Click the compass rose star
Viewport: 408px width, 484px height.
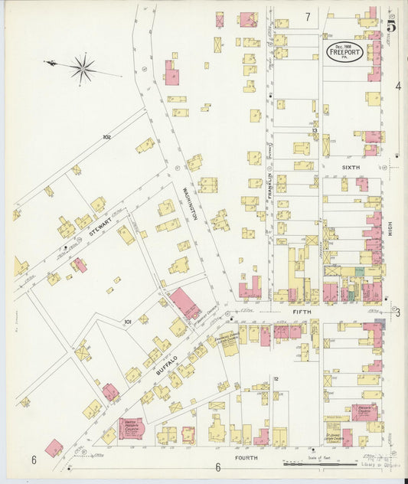(83, 68)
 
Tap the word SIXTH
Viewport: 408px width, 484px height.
(351, 166)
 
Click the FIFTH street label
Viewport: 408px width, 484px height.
(301, 312)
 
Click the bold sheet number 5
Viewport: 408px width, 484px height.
(391, 25)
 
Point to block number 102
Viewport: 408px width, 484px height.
(106, 137)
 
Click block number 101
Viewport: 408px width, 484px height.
(129, 322)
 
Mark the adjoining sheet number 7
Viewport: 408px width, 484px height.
(308, 17)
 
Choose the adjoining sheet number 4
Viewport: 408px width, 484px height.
(398, 86)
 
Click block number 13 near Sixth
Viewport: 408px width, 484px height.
(315, 132)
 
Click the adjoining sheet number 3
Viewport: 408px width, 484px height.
(398, 312)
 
